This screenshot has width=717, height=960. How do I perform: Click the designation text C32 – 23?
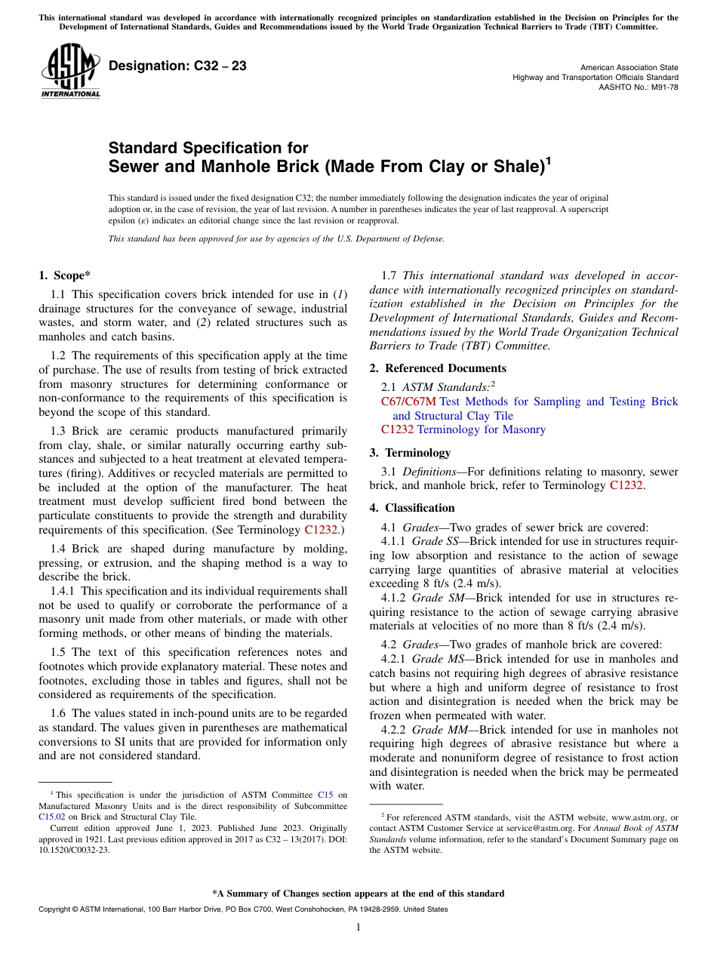coord(177,66)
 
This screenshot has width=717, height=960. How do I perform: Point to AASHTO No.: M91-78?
coord(639,88)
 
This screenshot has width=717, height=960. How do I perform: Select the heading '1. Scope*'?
coord(66,276)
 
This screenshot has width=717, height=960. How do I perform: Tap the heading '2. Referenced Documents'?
coord(438,368)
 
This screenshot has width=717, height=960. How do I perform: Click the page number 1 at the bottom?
coord(358,927)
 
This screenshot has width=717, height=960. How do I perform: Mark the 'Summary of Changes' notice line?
coord(358,894)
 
